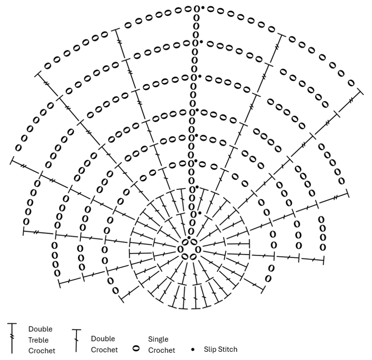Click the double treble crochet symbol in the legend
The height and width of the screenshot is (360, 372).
[x=12, y=337]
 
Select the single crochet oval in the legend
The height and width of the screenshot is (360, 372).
[x=136, y=348]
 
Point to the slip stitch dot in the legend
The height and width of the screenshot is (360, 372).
[x=193, y=349]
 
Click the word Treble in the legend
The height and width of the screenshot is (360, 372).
[x=38, y=340]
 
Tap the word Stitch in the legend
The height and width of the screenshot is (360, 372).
[x=228, y=349]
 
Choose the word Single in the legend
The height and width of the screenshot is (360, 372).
[x=158, y=339]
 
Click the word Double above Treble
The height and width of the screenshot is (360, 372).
[x=40, y=329]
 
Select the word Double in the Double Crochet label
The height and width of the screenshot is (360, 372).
[x=103, y=339]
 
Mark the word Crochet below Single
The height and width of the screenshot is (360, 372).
[x=161, y=350]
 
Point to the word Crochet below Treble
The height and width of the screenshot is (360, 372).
[x=42, y=351]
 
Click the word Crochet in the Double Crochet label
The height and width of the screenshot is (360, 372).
[x=104, y=349]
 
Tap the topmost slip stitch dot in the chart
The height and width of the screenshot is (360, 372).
[x=203, y=8]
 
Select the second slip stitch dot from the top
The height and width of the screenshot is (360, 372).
[x=201, y=43]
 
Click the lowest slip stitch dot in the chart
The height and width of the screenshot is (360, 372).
[x=200, y=213]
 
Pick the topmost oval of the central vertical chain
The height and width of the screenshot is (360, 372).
[x=197, y=9]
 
